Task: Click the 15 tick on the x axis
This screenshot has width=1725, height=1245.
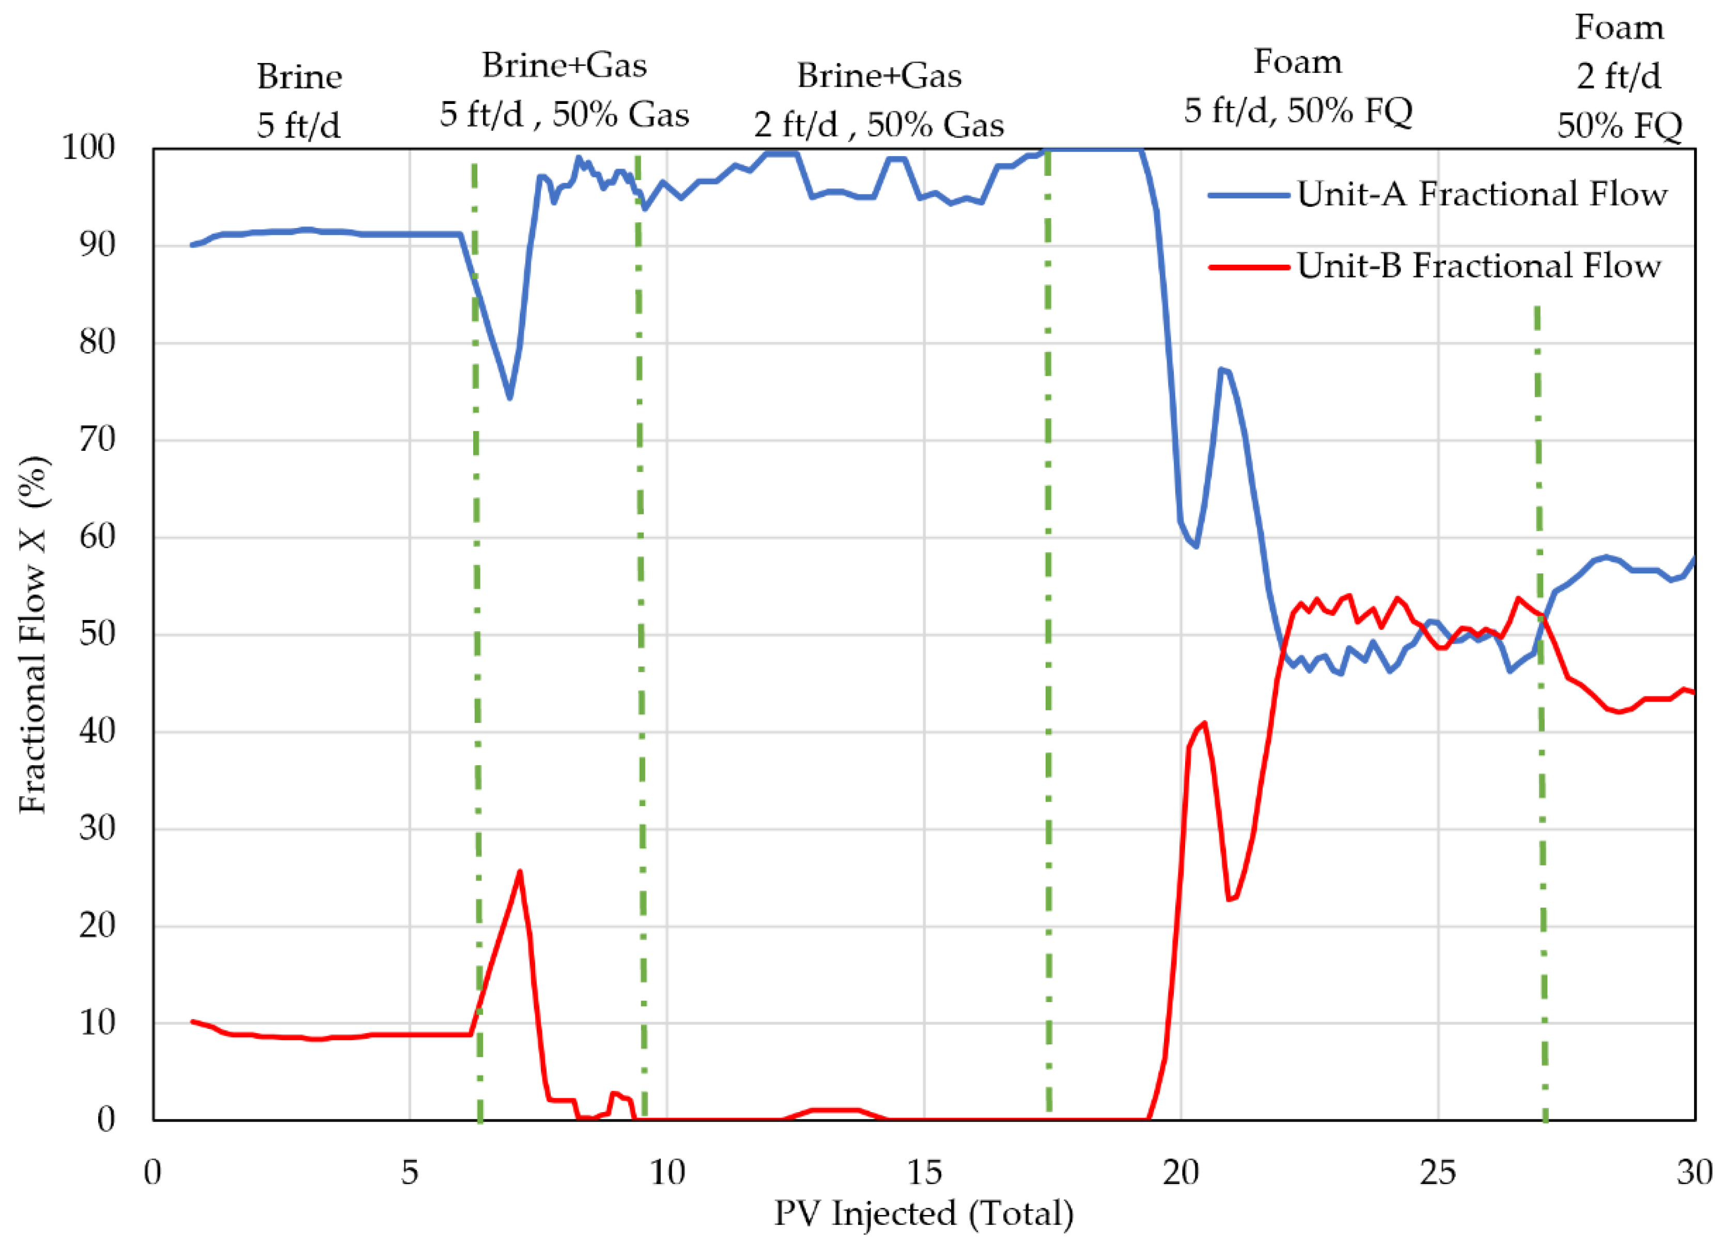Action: (924, 1172)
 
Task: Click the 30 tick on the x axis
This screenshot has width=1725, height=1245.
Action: (1695, 1172)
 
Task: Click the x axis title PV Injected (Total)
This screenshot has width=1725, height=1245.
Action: (924, 1213)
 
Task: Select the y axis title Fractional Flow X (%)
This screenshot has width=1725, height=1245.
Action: (34, 634)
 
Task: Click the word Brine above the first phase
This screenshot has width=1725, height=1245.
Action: (299, 77)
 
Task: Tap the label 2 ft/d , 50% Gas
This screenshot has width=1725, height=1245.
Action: (879, 125)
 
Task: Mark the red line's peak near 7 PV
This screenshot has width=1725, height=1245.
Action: (520, 872)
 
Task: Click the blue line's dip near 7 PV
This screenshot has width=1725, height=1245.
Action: (509, 397)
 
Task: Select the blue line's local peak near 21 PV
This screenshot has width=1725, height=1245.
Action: (1221, 370)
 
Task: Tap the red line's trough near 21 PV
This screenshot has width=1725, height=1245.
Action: (1229, 900)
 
